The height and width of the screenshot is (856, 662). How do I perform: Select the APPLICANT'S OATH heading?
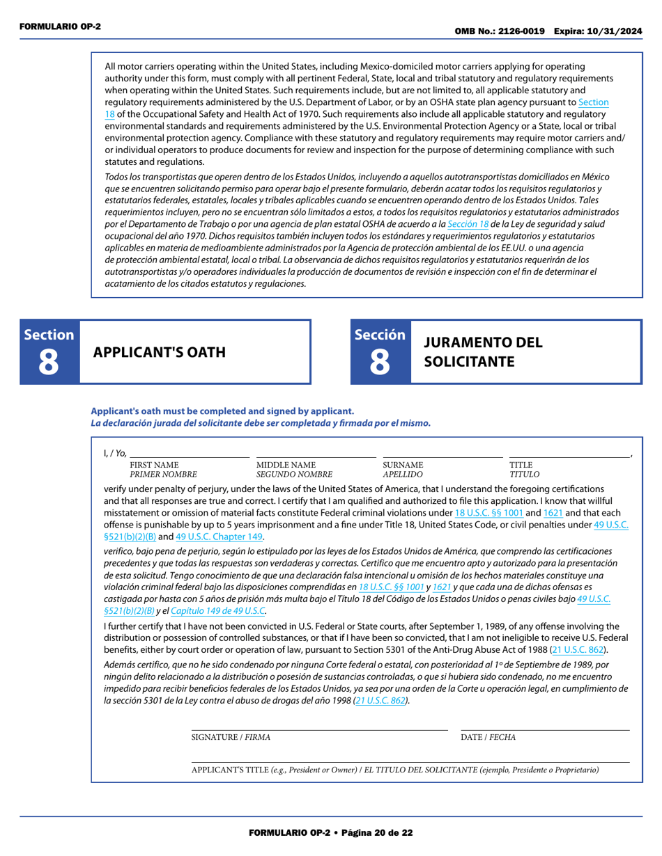pyautogui.click(x=160, y=352)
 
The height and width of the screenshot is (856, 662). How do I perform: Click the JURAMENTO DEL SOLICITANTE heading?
pyautogui.click(x=483, y=352)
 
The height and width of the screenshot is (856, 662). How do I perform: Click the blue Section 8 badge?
pyautogui.click(x=49, y=352)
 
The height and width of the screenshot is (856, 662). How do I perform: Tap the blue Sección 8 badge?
pyautogui.click(x=380, y=352)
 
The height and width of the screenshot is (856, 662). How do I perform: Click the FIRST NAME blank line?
pyautogui.click(x=190, y=454)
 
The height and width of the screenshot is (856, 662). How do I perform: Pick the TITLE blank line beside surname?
pyautogui.click(x=569, y=454)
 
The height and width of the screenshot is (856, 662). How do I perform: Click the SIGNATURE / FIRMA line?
pyautogui.click(x=319, y=727)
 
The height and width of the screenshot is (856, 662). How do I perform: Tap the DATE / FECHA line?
pyautogui.click(x=545, y=727)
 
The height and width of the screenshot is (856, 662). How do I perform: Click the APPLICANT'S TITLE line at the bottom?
pyautogui.click(x=410, y=759)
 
